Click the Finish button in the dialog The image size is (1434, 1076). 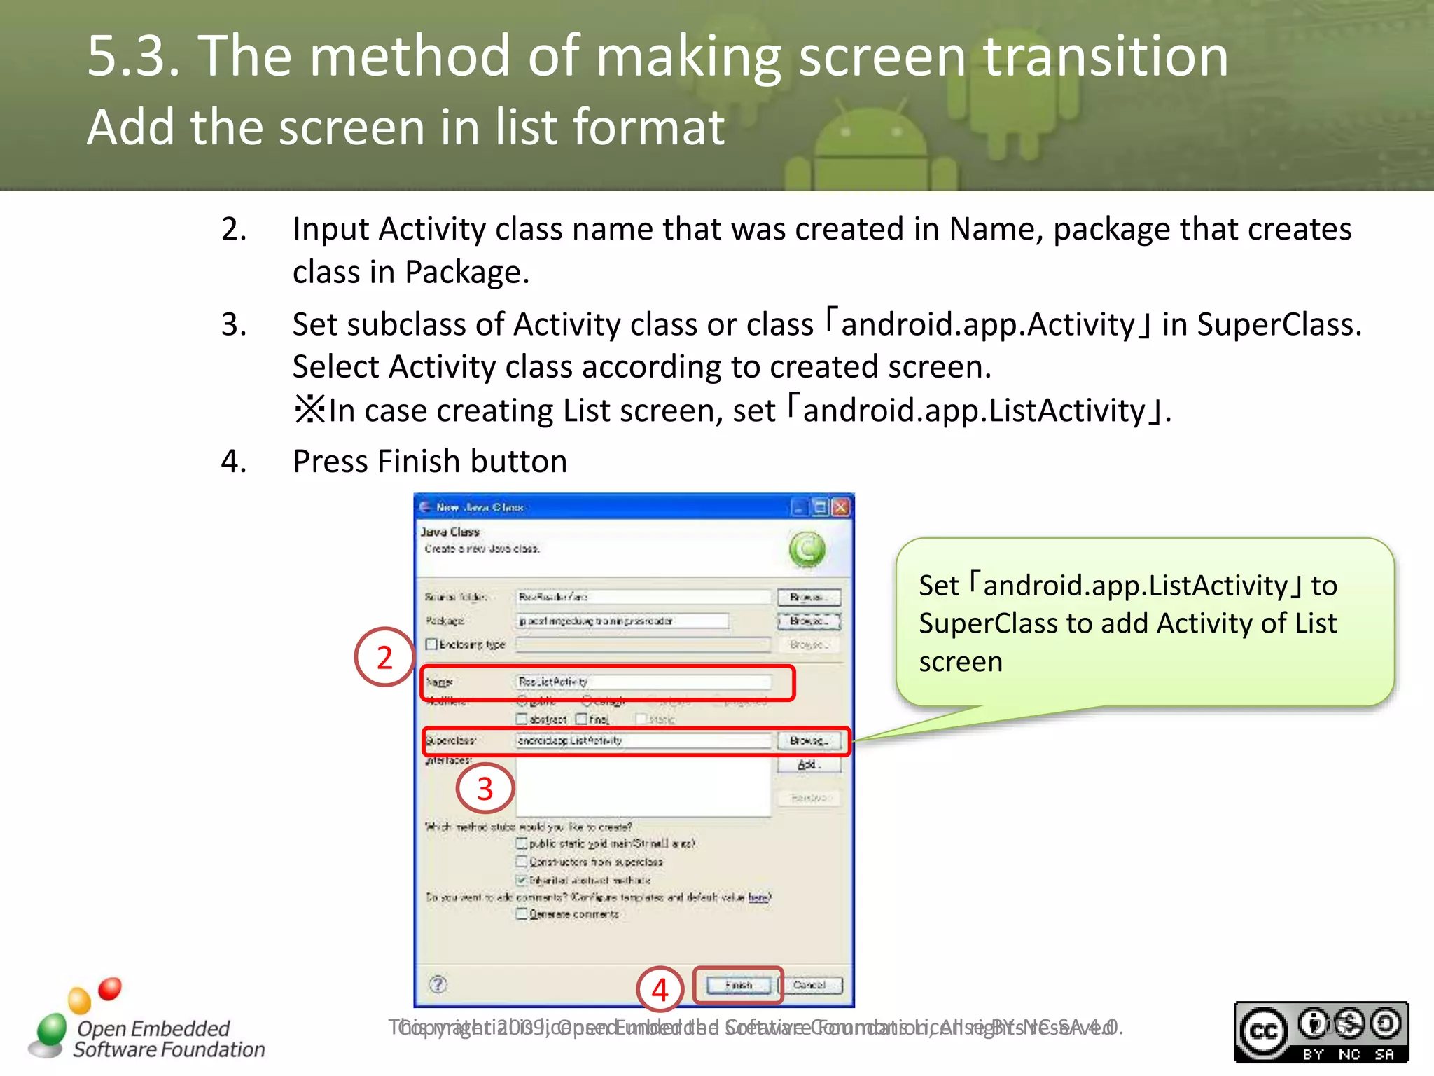coord(739,985)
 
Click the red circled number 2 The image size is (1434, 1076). coord(384,657)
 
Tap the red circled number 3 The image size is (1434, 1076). coord(485,789)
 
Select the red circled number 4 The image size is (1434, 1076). coord(660,990)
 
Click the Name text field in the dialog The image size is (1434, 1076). coord(643,682)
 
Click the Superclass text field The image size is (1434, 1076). coord(643,740)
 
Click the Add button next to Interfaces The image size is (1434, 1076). coord(809,765)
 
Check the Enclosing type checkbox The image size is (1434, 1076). coord(432,644)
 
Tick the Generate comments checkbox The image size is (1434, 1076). coord(522,914)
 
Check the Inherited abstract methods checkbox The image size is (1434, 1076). coord(522,880)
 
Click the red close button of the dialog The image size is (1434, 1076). coord(841,507)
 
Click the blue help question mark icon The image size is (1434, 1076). coord(438,984)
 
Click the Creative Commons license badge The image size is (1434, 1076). coord(1321,1033)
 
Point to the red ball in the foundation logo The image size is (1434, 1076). coord(110,988)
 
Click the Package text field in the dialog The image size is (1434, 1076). coord(622,621)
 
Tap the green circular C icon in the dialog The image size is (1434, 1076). coord(807,549)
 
